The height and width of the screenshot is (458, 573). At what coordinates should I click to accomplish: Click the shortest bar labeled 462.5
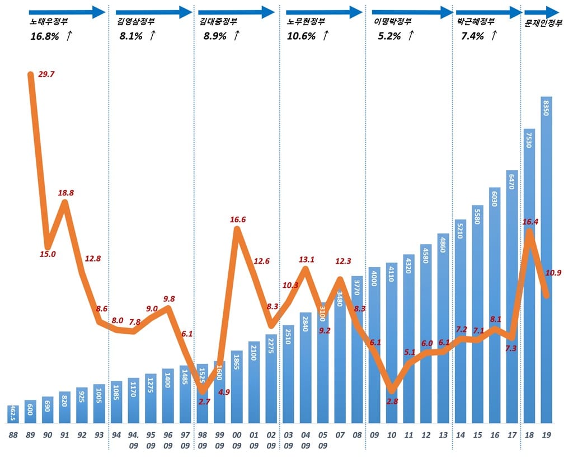pyautogui.click(x=13, y=414)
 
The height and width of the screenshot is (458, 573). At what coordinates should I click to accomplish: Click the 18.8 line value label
pyautogui.click(x=66, y=193)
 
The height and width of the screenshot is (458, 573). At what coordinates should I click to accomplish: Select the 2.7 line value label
pyautogui.click(x=204, y=401)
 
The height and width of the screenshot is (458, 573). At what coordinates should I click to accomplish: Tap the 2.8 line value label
pyautogui.click(x=392, y=401)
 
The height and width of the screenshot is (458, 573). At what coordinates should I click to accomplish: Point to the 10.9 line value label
pyautogui.click(x=553, y=273)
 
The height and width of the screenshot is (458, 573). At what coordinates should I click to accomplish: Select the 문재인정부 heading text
pyautogui.click(x=543, y=24)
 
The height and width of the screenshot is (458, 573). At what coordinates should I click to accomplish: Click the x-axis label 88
pyautogui.click(x=13, y=434)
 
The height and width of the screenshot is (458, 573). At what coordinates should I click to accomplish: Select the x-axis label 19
pyautogui.click(x=547, y=434)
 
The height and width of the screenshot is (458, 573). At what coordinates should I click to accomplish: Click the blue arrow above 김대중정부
pyautogui.click(x=237, y=11)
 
